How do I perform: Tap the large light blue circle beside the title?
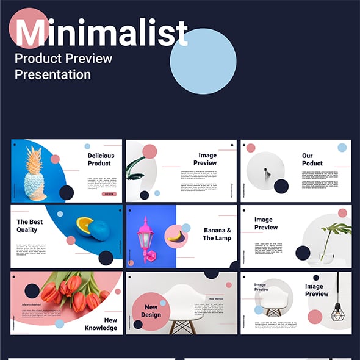203,61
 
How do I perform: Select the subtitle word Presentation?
52,75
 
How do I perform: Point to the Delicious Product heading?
101,159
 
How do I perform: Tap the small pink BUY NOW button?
109,194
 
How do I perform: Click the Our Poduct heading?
312,159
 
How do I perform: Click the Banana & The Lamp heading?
217,234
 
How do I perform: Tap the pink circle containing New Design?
151,310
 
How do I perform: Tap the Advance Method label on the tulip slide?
31,304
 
